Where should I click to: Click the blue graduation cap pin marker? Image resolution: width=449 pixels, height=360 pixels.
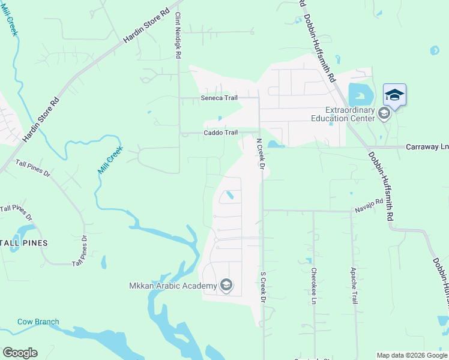click(x=394, y=95)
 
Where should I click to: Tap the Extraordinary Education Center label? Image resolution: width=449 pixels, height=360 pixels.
click(x=351, y=114)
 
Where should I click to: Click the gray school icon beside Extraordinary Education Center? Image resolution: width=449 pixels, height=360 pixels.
click(x=385, y=114)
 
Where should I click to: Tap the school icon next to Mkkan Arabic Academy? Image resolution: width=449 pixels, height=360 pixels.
click(x=226, y=284)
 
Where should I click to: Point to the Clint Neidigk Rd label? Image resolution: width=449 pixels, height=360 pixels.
click(x=178, y=37)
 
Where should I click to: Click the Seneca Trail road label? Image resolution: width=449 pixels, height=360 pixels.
click(x=220, y=98)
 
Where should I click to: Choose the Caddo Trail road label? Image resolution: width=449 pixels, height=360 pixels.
click(x=221, y=133)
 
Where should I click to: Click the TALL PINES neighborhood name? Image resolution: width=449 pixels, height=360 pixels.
click(x=24, y=243)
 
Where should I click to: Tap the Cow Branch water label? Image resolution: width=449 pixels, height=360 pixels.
click(x=38, y=322)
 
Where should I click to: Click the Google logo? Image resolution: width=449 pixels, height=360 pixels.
click(x=20, y=353)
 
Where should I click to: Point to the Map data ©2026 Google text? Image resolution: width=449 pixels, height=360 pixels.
click(x=411, y=355)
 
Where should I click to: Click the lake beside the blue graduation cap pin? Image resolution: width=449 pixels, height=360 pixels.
click(x=359, y=95)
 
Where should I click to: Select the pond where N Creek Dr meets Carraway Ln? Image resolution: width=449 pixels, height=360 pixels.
click(x=274, y=144)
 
